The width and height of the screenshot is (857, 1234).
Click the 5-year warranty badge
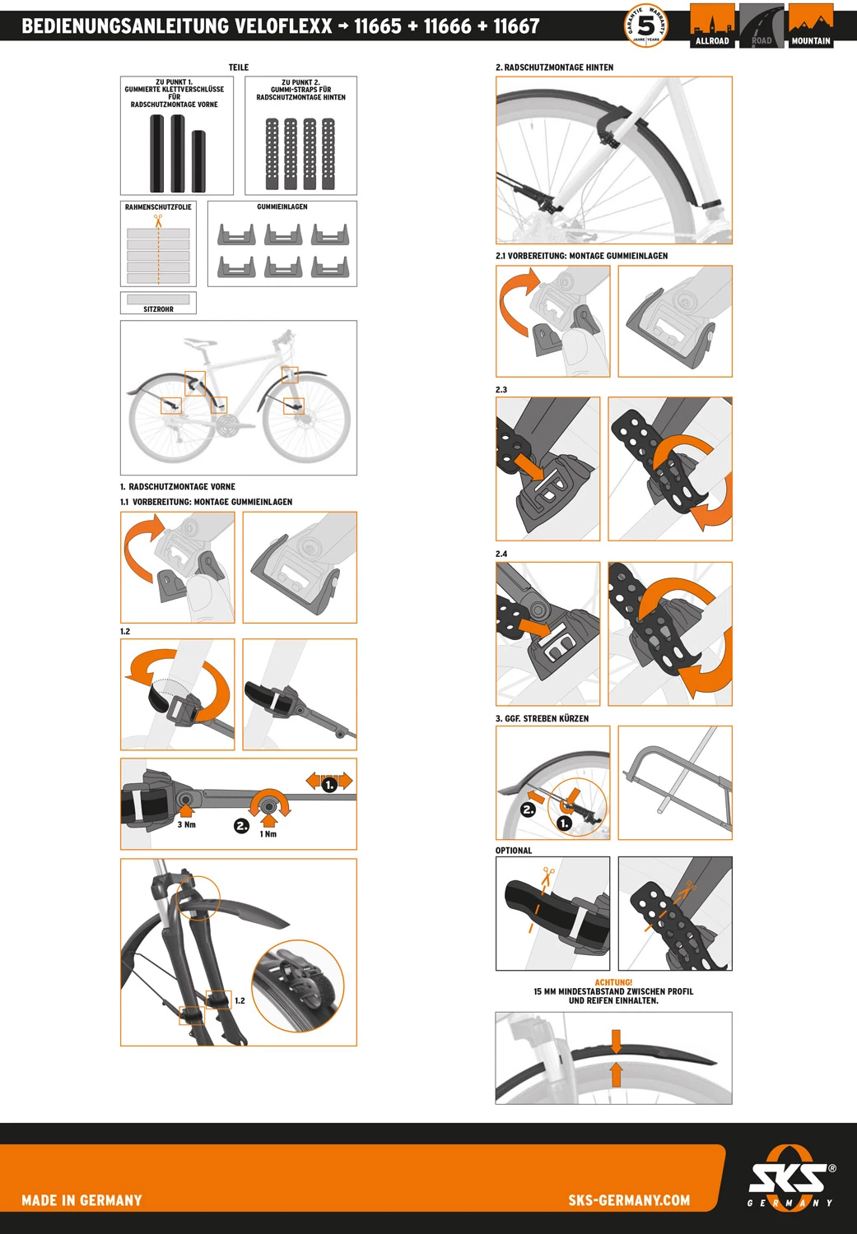646,26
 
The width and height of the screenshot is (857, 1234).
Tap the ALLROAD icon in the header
712,26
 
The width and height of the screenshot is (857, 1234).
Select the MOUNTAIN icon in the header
811,26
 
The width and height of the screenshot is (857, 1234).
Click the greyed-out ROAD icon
762,26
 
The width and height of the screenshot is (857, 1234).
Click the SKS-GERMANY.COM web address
629,1200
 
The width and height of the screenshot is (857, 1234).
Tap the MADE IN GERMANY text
82,1200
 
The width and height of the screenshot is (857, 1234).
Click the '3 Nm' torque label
187,824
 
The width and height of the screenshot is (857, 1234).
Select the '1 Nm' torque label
268,834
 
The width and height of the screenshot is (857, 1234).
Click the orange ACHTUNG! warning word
613,982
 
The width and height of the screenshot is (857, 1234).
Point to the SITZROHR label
158,309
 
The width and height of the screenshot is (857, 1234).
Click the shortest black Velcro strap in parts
198,160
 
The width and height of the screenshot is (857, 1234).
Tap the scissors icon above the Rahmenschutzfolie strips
157,220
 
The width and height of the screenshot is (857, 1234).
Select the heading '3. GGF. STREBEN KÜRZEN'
542,718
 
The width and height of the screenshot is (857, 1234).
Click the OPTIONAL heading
514,851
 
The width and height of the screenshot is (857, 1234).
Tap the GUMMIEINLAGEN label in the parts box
282,207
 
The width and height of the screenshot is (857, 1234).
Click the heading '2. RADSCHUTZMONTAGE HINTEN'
554,67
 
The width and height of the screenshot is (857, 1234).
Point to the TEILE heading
238,67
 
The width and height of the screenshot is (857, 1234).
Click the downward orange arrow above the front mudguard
617,1041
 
